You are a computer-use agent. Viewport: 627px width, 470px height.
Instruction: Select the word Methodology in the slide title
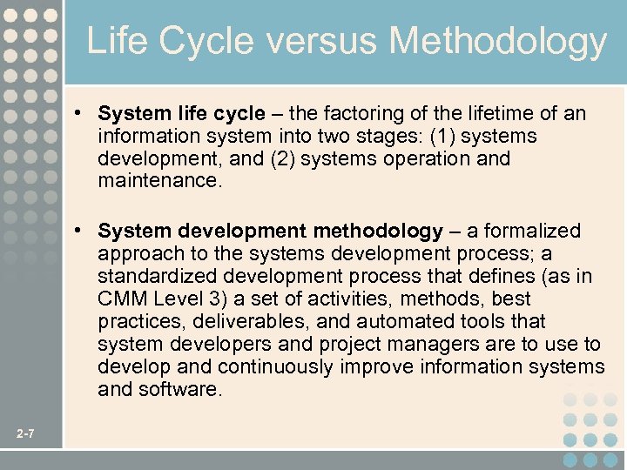pyautogui.click(x=499, y=42)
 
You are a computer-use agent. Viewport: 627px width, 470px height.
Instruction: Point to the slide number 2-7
pyautogui.click(x=25, y=433)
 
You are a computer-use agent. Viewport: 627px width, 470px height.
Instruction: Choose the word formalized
pyautogui.click(x=531, y=232)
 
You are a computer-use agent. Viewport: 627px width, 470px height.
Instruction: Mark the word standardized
pyautogui.click(x=157, y=277)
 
